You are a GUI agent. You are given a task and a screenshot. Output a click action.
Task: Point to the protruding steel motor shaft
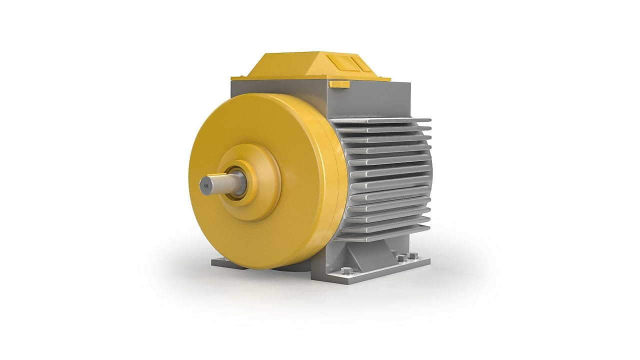tap(220, 183)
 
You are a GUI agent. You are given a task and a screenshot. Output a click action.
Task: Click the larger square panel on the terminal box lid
tap(340, 63)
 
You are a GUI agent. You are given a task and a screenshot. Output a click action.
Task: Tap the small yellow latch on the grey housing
tap(339, 83)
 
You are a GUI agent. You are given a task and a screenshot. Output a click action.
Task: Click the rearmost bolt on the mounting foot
tap(412, 255)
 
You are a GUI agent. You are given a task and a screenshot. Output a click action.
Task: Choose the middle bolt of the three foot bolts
tap(401, 258)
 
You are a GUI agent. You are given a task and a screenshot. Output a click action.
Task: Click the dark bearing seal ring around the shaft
tap(241, 183)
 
